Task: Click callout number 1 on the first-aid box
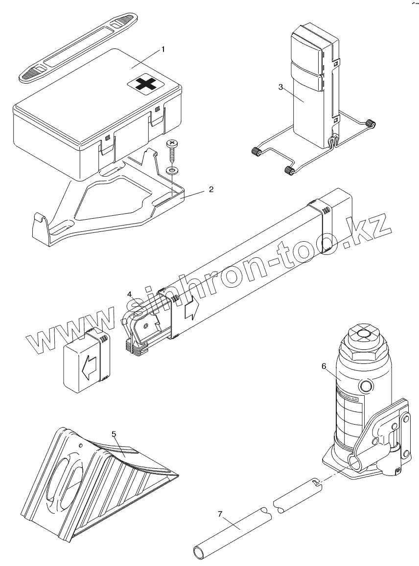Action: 163,49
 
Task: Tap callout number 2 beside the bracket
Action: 211,189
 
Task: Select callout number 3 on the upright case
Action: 280,87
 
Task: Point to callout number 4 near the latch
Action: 129,294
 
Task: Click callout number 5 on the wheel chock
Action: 114,433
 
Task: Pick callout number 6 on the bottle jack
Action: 324,365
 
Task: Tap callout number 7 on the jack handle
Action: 220,514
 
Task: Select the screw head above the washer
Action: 172,144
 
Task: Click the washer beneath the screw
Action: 172,171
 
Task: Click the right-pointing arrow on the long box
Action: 191,310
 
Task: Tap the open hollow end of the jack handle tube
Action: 200,553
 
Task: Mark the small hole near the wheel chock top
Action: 80,445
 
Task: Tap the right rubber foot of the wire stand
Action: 372,124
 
